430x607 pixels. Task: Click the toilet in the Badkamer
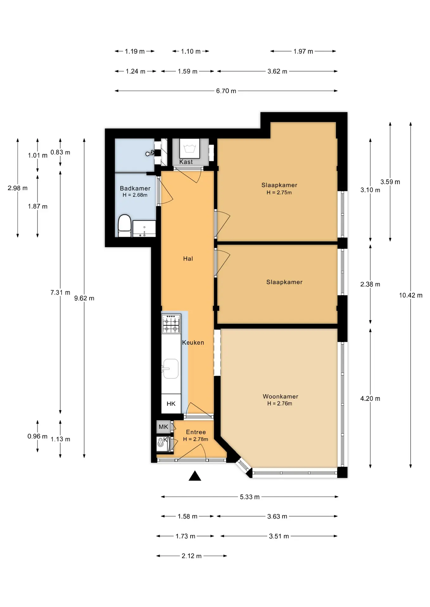(124, 226)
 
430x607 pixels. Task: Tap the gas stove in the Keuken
(171, 323)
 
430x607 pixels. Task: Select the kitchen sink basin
(171, 369)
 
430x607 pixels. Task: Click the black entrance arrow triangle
(195, 476)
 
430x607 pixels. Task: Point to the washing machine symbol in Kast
(190, 148)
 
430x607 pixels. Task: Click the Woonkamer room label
(281, 396)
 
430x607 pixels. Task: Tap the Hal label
(188, 259)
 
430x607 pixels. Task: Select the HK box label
(171, 404)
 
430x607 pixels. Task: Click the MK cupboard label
(163, 427)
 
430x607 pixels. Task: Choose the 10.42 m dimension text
(411, 295)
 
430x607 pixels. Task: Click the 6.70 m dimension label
(226, 91)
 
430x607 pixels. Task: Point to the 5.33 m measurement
(250, 497)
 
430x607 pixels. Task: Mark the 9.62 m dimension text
(84, 298)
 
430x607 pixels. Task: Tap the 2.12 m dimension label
(192, 556)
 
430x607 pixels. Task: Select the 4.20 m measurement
(370, 399)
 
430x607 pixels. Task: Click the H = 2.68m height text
(135, 195)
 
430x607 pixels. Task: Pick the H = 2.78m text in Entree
(196, 439)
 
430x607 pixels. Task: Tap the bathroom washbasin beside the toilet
(144, 229)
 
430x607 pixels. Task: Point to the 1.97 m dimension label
(303, 51)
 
